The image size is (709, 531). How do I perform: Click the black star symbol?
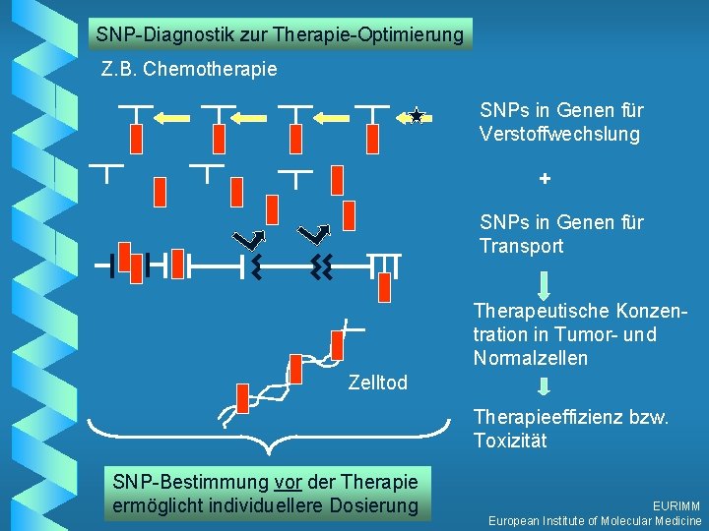pos(416,117)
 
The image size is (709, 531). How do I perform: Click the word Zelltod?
pos(377,383)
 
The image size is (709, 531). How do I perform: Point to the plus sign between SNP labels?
pos(545,181)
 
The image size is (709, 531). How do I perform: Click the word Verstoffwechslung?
pos(559,135)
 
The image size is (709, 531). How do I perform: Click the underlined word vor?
pos(288,482)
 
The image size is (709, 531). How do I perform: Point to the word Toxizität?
pos(509,441)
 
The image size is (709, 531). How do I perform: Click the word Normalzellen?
pos(530,358)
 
